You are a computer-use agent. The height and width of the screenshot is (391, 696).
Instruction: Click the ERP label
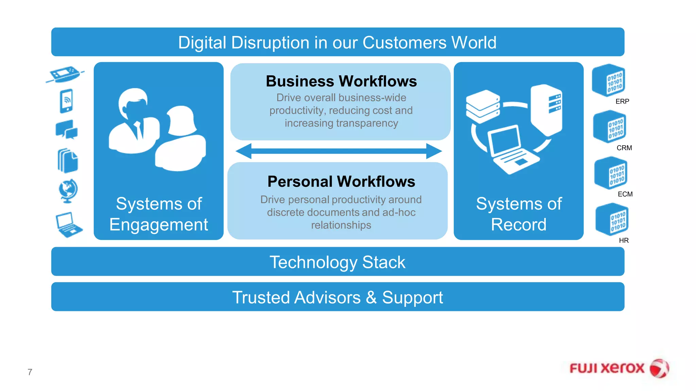[622, 101]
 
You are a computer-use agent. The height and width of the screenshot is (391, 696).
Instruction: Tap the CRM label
[624, 148]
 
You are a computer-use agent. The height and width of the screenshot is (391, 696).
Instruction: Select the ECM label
[625, 194]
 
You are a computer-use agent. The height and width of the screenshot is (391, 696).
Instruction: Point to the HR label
[624, 241]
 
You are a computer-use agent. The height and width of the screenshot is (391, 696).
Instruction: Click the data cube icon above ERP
[609, 81]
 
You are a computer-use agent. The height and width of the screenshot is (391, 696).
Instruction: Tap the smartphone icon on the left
[66, 101]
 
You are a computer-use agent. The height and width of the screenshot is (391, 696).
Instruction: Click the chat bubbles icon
[67, 130]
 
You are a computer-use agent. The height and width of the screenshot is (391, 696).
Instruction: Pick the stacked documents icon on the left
[68, 161]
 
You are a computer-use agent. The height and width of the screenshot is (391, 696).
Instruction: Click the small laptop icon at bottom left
[68, 225]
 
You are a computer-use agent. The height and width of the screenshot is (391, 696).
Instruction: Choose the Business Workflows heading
[341, 81]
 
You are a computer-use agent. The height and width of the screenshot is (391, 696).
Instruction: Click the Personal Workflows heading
[341, 182]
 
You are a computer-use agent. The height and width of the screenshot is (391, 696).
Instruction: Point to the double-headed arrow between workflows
[338, 151]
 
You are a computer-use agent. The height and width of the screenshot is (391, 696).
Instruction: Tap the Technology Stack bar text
[337, 262]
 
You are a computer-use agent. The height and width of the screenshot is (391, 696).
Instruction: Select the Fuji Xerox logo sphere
[659, 369]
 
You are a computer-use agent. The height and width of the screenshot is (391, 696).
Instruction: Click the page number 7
[30, 372]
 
